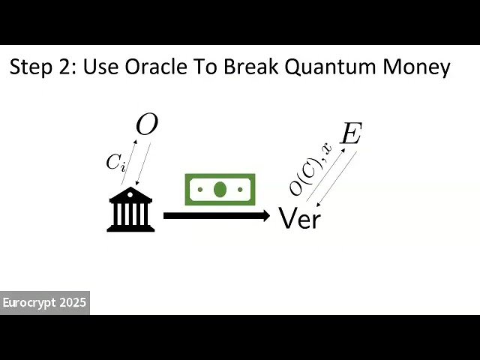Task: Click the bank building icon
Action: click(130, 209)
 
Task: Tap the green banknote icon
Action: click(220, 190)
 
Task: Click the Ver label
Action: click(299, 218)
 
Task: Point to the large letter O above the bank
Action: click(146, 125)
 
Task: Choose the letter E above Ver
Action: click(350, 134)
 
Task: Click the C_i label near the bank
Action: click(115, 162)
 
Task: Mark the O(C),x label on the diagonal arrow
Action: click(310, 169)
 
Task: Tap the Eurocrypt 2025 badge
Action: click(45, 303)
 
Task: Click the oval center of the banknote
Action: click(220, 190)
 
